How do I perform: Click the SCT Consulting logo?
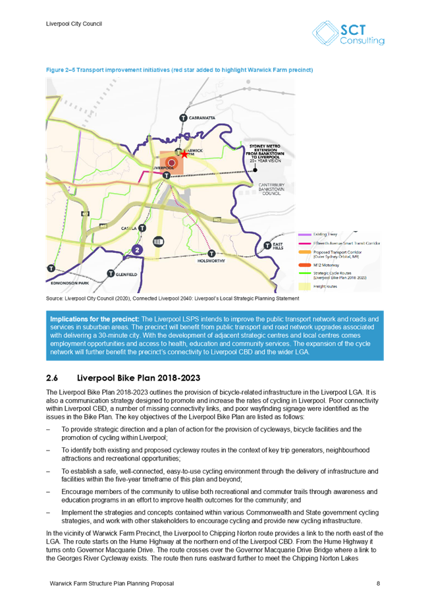[x=348, y=34]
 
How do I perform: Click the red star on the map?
[x=184, y=154]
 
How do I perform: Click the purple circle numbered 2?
[x=137, y=250]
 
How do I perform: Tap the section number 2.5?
[x=52, y=379]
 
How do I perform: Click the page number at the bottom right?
[x=378, y=584]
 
